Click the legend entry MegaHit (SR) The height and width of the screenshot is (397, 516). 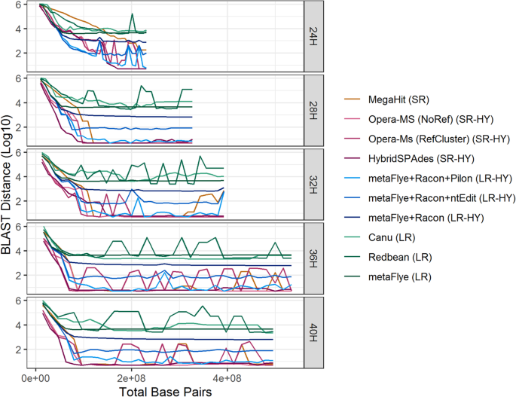tap(400, 99)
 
